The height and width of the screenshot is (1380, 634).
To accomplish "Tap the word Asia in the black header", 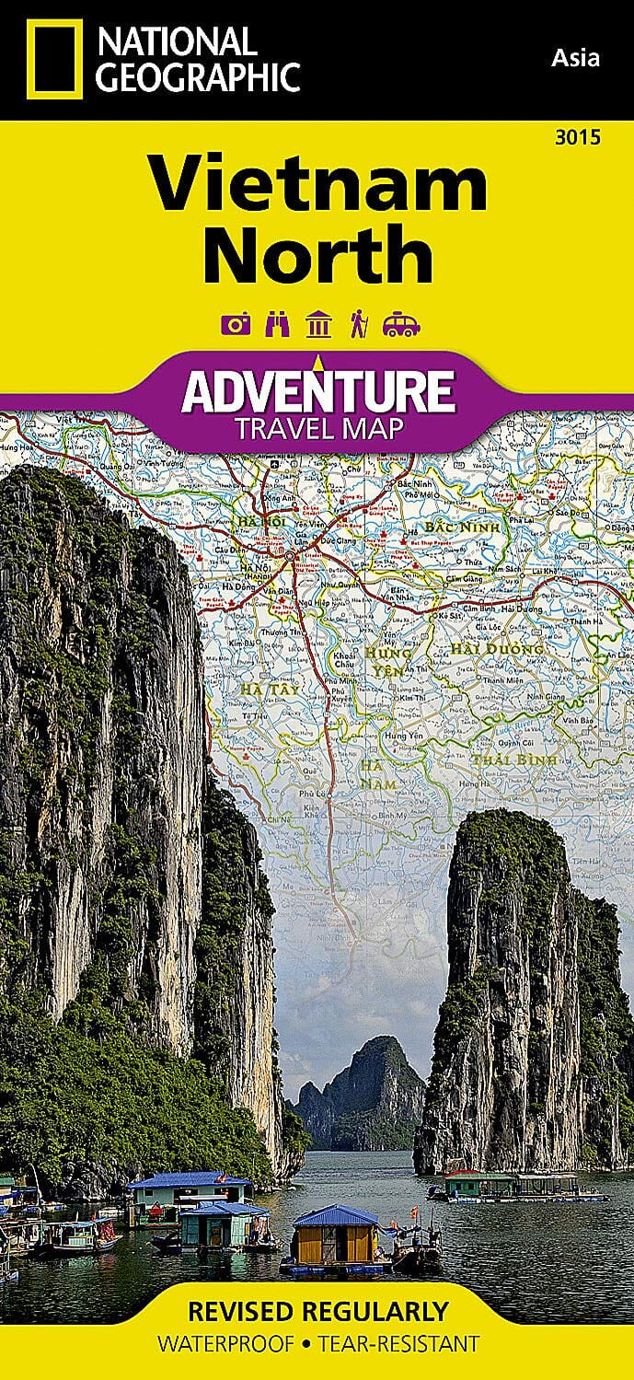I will (x=575, y=58).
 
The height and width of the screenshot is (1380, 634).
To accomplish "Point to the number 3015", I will (x=578, y=138).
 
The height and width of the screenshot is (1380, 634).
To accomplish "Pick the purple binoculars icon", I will (x=275, y=324).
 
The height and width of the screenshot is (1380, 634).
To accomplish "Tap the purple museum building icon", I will (x=317, y=324).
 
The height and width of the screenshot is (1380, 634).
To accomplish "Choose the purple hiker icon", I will (x=358, y=324).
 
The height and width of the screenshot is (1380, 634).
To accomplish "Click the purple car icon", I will (x=402, y=324).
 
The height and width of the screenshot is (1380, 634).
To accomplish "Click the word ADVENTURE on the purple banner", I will (x=317, y=391).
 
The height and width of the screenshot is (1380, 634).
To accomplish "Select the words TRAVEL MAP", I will (x=317, y=428).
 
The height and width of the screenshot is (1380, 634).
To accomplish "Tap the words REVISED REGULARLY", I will (x=317, y=1311).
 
